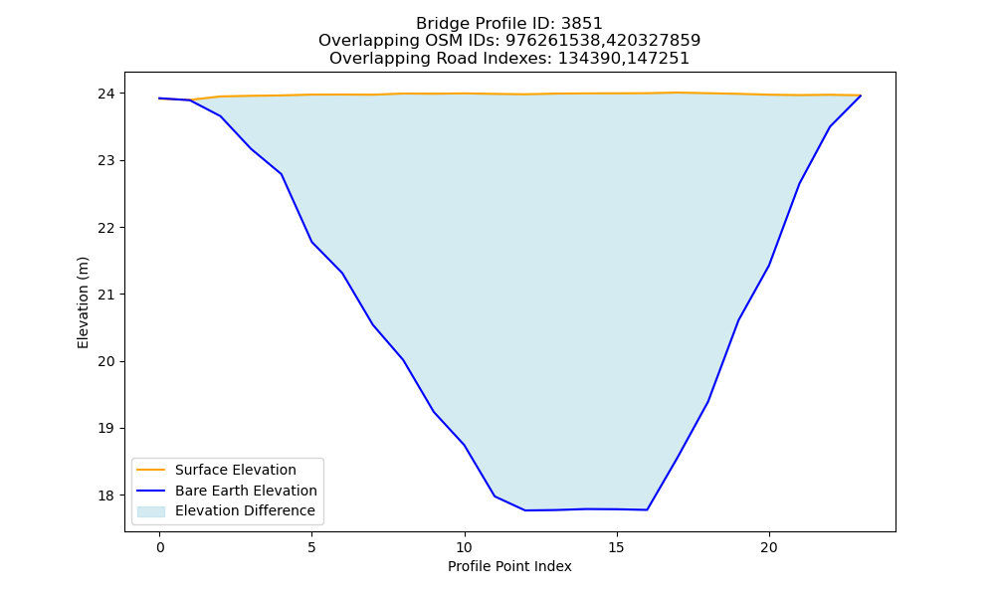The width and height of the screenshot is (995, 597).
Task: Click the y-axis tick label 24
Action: pyautogui.click(x=107, y=94)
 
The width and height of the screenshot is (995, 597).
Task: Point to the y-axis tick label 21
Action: pyautogui.click(x=107, y=295)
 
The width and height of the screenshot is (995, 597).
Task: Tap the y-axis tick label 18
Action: pyautogui.click(x=107, y=496)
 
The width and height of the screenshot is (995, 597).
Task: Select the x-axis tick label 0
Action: pyautogui.click(x=160, y=547)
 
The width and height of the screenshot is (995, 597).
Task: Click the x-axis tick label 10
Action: pyautogui.click(x=465, y=547)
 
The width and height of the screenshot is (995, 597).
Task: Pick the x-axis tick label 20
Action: pyautogui.click(x=769, y=547)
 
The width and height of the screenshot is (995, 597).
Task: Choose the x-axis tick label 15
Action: pyautogui.click(x=617, y=547)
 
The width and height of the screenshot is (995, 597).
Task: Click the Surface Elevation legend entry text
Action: pyautogui.click(x=236, y=470)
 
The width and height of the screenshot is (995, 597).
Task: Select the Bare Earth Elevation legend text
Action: pyautogui.click(x=246, y=491)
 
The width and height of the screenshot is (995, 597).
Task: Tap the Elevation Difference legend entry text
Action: pyautogui.click(x=245, y=510)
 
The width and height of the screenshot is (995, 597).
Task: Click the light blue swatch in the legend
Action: pyautogui.click(x=151, y=511)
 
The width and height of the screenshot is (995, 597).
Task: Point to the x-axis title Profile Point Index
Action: pyautogui.click(x=509, y=566)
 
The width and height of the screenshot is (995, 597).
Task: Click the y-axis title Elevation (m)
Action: pyautogui.click(x=84, y=302)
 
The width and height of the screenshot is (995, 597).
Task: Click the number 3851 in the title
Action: pyautogui.click(x=581, y=24)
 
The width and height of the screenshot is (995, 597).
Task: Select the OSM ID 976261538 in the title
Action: pyautogui.click(x=552, y=41)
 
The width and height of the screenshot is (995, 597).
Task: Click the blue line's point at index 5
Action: pyautogui.click(x=312, y=243)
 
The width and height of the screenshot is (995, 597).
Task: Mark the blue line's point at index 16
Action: pyautogui.click(x=648, y=509)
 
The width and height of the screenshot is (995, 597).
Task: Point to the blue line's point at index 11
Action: pyautogui.click(x=495, y=497)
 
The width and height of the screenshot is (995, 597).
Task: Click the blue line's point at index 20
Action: pyautogui.click(x=769, y=266)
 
